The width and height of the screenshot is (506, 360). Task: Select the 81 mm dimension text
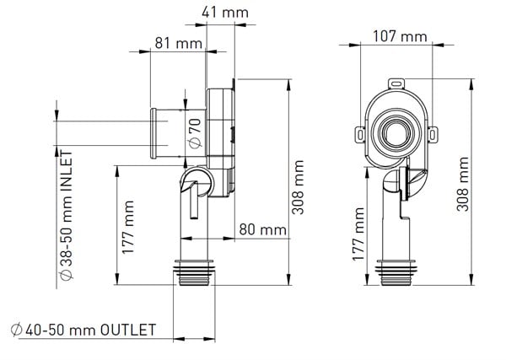tap(172, 42)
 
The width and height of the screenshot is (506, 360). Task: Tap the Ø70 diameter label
tap(193, 132)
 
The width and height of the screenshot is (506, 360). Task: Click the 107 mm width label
tap(400, 36)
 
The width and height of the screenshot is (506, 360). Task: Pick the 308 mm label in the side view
tap(298, 187)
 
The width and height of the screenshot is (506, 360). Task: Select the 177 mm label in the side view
tap(128, 227)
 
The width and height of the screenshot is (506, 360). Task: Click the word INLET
tap(66, 173)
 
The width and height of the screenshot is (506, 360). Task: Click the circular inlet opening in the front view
tap(395, 132)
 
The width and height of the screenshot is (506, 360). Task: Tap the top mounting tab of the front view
tap(396, 83)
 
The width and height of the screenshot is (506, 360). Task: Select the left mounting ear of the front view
tap(358, 133)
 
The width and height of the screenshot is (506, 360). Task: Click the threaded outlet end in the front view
tap(395, 272)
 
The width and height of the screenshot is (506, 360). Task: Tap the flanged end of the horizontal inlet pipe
tap(153, 132)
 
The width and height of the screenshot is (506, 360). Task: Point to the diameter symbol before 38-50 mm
tap(66, 277)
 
